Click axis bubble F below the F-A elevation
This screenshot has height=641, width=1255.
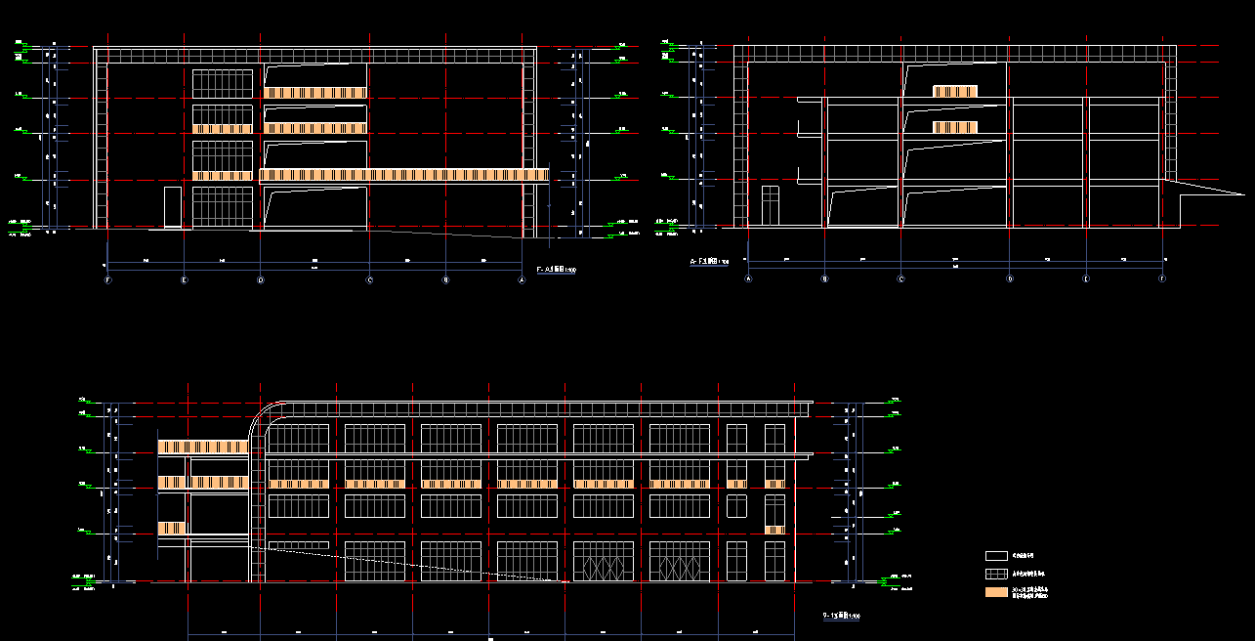click(x=106, y=279)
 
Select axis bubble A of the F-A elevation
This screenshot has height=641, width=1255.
click(x=521, y=279)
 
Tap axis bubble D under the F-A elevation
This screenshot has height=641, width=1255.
click(x=260, y=279)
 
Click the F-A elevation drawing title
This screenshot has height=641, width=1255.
click(x=556, y=269)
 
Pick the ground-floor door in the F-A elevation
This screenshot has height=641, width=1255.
click(x=173, y=208)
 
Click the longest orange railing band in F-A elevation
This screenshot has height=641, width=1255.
click(x=403, y=175)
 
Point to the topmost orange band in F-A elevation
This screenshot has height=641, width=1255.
click(x=314, y=93)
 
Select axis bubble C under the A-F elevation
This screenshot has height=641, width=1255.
click(x=900, y=278)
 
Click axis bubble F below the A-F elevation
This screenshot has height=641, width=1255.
click(x=1162, y=278)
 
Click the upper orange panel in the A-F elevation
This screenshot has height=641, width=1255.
click(x=954, y=91)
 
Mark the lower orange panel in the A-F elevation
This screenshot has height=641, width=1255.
click(x=954, y=127)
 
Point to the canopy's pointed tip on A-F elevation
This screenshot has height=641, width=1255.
click(x=1217, y=192)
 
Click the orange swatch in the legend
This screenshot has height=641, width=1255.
click(x=996, y=592)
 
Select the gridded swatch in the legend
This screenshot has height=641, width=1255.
click(x=996, y=574)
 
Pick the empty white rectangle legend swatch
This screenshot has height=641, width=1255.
click(x=996, y=555)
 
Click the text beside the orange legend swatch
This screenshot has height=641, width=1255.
click(x=1030, y=593)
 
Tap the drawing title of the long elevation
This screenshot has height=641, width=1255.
click(x=841, y=616)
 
